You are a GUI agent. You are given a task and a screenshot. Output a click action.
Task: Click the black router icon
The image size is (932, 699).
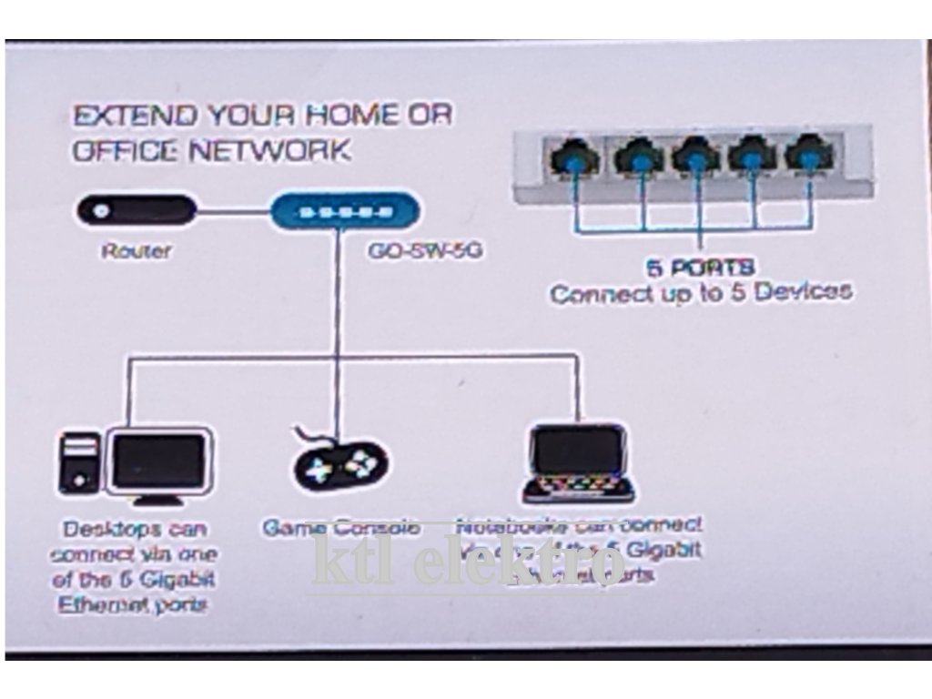point(136,210)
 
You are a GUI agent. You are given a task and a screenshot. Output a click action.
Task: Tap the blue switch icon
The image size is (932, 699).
point(346,211)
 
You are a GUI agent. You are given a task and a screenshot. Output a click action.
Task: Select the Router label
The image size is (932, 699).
point(136,250)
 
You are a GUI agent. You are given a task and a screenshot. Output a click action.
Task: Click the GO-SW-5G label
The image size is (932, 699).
point(424,250)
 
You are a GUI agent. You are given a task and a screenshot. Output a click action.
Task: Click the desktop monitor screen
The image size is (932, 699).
point(158,461)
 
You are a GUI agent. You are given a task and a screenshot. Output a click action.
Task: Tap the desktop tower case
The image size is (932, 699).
point(80,463)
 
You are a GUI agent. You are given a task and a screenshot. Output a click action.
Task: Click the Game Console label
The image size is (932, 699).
point(341,528)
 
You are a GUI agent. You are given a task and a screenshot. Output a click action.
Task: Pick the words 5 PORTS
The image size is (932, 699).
point(701,268)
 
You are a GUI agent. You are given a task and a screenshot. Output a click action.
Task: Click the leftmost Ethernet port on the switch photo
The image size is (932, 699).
point(573,157)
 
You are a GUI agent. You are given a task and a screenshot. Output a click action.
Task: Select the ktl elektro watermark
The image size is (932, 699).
point(469,559)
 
